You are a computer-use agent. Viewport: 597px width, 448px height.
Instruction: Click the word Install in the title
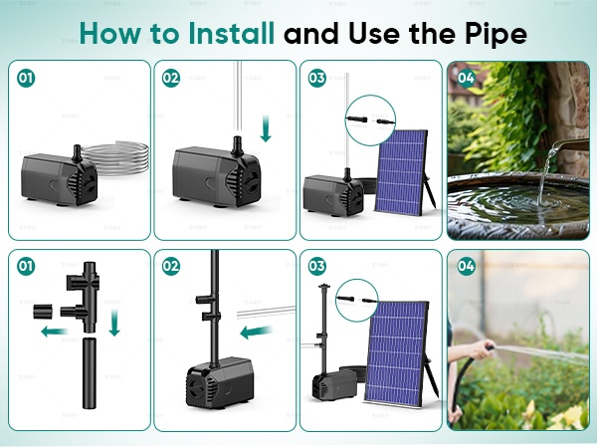231,33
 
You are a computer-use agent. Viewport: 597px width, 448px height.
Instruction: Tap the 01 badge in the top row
26,78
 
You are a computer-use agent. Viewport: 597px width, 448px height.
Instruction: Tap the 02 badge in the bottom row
171,266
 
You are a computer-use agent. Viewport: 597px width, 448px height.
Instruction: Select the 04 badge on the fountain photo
466,78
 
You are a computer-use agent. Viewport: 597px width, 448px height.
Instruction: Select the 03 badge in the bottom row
317,266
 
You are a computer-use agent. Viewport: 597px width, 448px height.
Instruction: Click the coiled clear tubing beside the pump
115,158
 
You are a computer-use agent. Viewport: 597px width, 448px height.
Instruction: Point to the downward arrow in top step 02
266,128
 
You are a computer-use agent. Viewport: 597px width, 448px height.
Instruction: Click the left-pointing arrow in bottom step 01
54,332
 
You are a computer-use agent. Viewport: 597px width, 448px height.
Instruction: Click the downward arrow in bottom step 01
114,323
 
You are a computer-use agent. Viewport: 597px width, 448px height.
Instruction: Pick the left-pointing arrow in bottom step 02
257,332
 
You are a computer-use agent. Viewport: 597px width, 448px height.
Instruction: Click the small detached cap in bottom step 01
43,312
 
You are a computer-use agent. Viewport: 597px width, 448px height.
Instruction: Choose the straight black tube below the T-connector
90,372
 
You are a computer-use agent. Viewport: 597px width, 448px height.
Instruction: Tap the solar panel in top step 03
401,172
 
